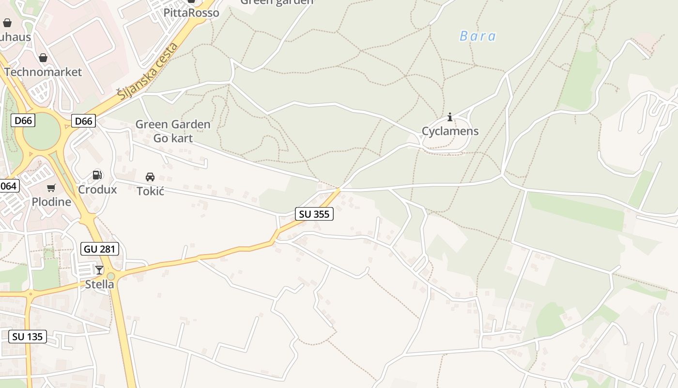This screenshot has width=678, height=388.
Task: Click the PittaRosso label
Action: point(191,13)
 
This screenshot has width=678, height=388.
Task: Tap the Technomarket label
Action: point(43,72)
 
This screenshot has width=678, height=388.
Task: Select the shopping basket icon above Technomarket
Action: point(43,58)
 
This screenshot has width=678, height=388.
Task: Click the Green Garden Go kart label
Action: point(173,131)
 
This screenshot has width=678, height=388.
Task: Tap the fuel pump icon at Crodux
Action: point(97,175)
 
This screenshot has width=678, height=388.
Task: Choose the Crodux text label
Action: point(97,189)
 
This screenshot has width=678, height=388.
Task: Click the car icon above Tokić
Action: point(150,177)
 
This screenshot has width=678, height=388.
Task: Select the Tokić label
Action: point(151,191)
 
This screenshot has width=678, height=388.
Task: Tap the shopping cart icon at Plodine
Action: point(51,188)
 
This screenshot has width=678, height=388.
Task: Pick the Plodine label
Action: point(51,202)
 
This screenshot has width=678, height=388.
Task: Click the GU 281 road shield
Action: point(99,249)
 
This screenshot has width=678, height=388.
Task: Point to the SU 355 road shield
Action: point(314,213)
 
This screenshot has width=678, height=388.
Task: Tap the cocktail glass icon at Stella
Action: point(99,270)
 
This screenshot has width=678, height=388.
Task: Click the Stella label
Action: point(99,284)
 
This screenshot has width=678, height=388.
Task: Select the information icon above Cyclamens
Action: point(450,117)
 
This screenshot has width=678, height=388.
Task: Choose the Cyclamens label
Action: point(450,131)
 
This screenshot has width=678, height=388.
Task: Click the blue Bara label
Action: point(478,36)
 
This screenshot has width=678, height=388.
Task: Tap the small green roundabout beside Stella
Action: point(111,276)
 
